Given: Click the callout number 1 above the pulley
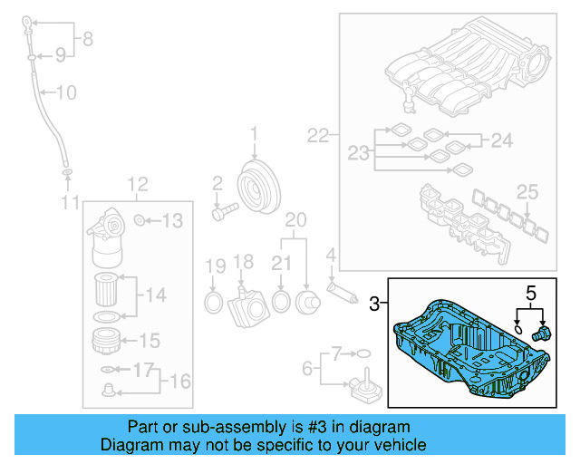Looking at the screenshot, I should point(254,135).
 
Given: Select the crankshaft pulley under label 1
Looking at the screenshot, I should point(256,186).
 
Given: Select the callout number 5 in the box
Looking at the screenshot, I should point(532,293).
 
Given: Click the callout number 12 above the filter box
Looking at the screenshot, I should point(137,185).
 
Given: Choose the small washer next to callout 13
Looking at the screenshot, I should point(140,220).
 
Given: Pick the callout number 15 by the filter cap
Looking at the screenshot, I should point(149,342).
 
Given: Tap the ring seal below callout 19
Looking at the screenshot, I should point(213,301).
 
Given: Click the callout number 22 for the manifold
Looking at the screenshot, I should point(317,137).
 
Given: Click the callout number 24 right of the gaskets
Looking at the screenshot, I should point(501,140).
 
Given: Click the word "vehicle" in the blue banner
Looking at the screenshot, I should point(395,445).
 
